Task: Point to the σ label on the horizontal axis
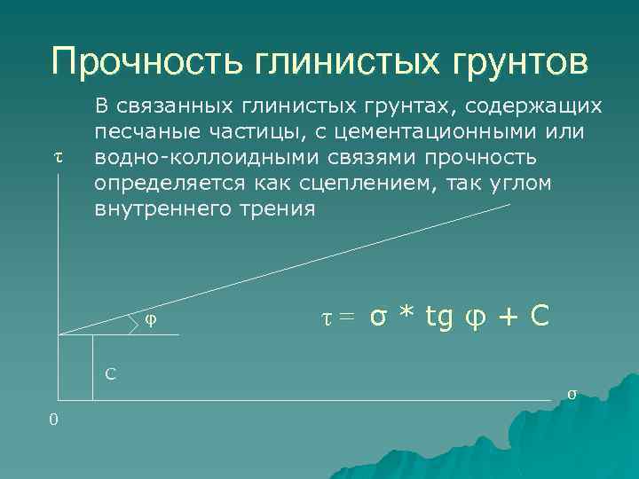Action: pos(572,393)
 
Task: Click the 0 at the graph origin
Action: pos(54,419)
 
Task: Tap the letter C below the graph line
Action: pos(110,373)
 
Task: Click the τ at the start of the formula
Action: pos(324,317)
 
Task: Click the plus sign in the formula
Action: pos(511,317)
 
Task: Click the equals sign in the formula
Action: pos(345,317)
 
